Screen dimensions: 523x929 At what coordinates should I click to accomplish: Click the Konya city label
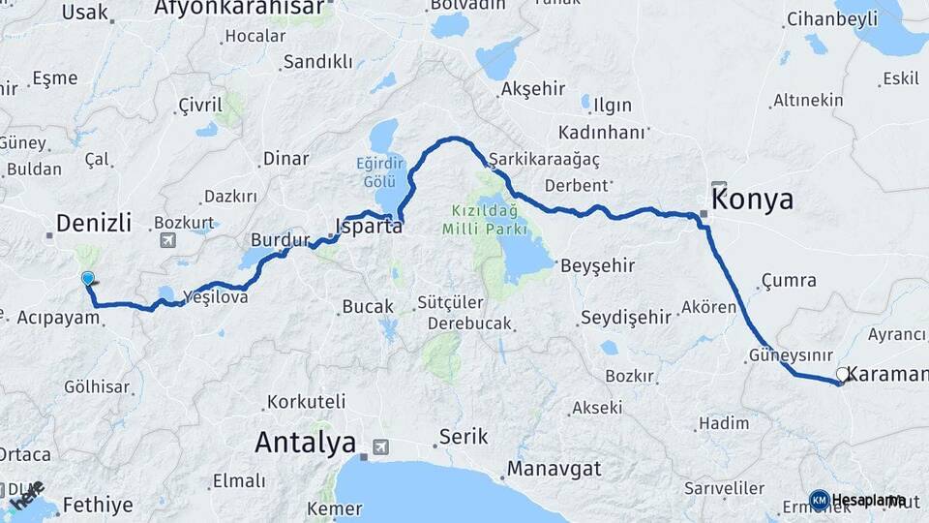pos(755,200)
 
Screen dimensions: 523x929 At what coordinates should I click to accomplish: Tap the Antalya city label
pos(305,443)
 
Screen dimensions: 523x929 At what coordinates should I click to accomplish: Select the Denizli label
pos(93,223)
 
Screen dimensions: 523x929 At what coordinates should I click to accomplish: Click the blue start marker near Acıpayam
pos(88,280)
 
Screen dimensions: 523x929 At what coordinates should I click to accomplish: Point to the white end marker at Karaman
pos(842,375)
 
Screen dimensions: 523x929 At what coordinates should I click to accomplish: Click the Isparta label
pos(368,229)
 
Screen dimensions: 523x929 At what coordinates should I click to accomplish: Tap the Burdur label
pos(280,239)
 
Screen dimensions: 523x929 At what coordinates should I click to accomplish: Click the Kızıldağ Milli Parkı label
pos(484,220)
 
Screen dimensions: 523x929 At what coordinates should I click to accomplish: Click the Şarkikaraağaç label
pos(544,159)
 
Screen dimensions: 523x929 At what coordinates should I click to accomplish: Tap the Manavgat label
pos(554,469)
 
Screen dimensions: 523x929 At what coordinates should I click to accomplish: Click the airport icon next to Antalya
pos(379,446)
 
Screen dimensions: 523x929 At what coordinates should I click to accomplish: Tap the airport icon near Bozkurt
pos(168,240)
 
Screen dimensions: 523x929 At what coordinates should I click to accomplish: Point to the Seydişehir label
pos(625,317)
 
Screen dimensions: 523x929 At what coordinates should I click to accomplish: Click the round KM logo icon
pos(819,500)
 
